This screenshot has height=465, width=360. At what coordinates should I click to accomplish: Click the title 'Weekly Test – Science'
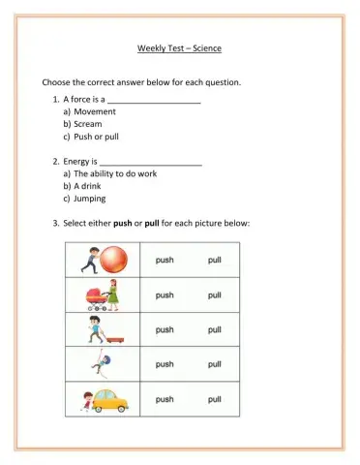click(x=180, y=47)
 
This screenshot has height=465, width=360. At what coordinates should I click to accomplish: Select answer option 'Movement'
click(x=95, y=111)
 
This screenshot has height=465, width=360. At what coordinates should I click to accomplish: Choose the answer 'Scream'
click(x=88, y=124)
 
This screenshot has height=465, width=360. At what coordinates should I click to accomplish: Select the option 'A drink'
click(x=90, y=186)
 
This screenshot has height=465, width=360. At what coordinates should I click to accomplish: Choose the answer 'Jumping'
click(x=90, y=199)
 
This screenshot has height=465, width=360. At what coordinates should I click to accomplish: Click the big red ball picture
click(x=115, y=259)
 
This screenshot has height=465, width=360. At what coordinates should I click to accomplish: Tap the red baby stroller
click(x=92, y=295)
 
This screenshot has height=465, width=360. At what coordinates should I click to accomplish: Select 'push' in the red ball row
click(x=165, y=260)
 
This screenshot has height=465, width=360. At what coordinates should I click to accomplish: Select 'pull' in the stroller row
click(x=213, y=294)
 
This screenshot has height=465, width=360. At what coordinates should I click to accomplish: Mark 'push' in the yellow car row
click(x=165, y=399)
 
